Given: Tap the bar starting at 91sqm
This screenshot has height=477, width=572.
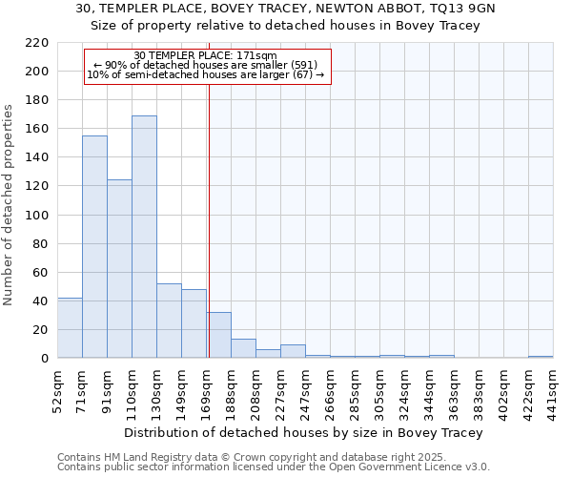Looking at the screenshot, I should [119, 268].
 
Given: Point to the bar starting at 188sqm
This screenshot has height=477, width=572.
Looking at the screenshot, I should [243, 348].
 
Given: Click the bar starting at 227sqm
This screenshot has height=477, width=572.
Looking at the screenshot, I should [293, 351].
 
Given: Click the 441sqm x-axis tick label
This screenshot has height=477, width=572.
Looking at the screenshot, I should [553, 387].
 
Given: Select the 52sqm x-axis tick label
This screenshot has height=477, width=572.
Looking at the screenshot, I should [57, 387].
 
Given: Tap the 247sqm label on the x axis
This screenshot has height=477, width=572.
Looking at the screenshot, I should [305, 387].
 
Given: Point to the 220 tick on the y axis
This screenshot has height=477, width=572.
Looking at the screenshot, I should [38, 43].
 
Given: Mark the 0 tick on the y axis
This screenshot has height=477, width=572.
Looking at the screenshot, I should [45, 359].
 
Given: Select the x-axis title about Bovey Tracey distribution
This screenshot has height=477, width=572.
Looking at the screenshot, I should [304, 432].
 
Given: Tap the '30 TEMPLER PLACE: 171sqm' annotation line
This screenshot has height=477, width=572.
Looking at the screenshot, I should [206, 55].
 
